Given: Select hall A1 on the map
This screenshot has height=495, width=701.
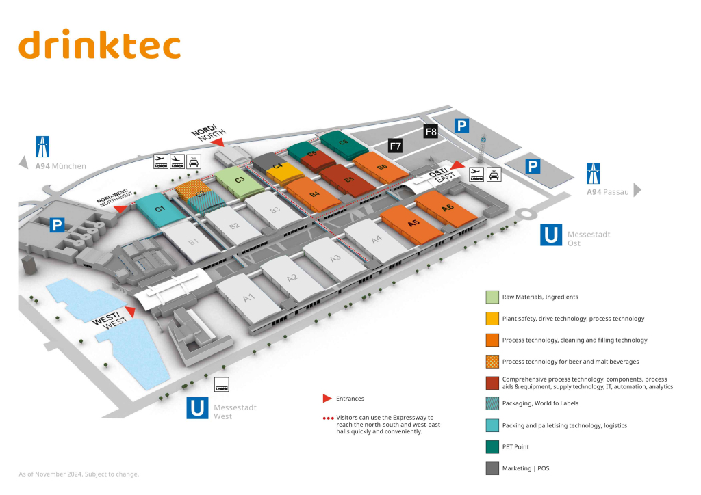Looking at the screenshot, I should [x=248, y=297].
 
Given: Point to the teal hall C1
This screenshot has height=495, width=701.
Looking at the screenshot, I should [x=160, y=208].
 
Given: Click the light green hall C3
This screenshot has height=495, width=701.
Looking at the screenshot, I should [x=240, y=180].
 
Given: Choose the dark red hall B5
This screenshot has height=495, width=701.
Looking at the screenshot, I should [x=348, y=180].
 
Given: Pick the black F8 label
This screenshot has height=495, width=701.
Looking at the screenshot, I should [x=431, y=131].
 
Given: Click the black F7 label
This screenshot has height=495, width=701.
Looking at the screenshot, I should [x=395, y=146].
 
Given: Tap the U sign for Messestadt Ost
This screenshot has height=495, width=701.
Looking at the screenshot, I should [x=551, y=235].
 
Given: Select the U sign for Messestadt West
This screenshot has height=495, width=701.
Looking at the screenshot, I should [x=197, y=409].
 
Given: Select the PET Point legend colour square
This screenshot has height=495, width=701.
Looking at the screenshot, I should [x=492, y=447].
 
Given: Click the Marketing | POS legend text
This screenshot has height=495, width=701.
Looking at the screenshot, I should [x=526, y=468].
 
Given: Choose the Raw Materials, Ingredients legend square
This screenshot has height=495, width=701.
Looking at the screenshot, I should [x=492, y=297].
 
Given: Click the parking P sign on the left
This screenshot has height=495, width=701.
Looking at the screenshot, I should [x=58, y=226].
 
